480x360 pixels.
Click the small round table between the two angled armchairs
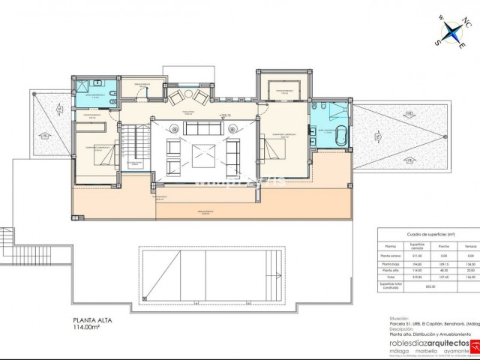tap(187, 94)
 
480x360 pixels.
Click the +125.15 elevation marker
tap(224, 115)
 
